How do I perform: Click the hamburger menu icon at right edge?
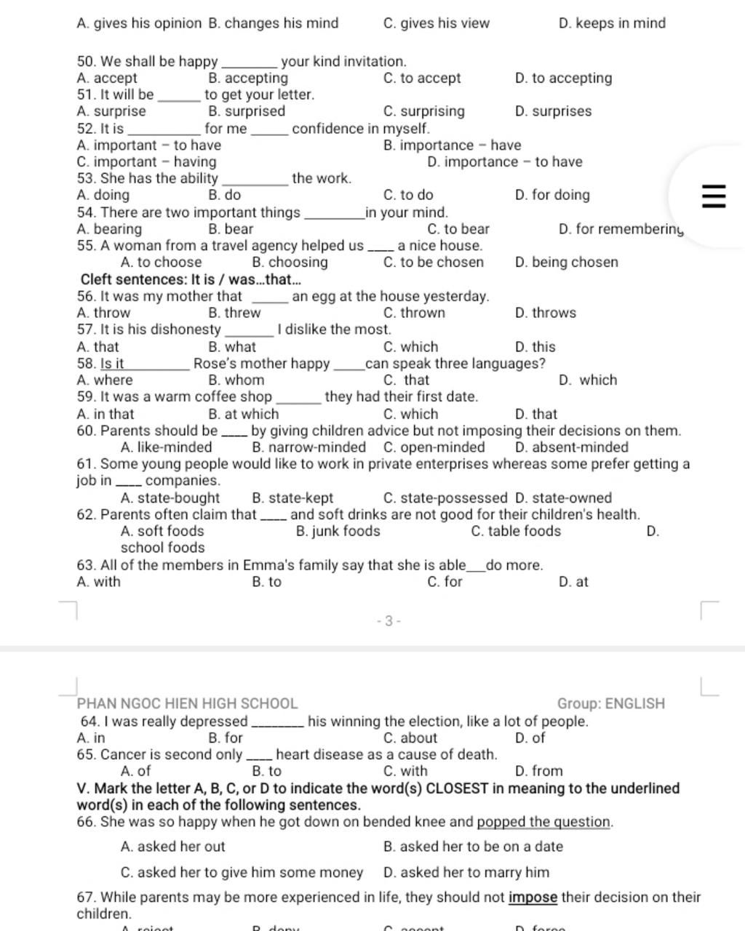pos(713,196)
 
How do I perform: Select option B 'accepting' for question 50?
pos(247,79)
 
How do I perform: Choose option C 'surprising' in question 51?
pos(423,111)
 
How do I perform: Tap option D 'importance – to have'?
pos(505,161)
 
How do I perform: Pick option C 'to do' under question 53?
pos(407,195)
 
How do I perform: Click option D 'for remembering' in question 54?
pos(621,229)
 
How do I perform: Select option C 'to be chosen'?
pos(433,263)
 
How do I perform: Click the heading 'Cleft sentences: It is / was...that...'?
pos(191,279)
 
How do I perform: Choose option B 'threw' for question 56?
pos(234,313)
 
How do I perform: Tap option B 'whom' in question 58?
pos(236,380)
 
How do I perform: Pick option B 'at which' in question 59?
pos(243,414)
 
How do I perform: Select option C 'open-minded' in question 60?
pos(434,447)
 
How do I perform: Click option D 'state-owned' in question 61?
pos(562,498)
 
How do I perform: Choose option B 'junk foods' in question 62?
pos(338,531)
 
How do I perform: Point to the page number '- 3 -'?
pos(389,621)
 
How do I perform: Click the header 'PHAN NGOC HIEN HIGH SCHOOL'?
pos(187,703)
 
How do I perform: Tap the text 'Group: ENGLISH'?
pos(610,703)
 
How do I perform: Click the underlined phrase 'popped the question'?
pos(544,822)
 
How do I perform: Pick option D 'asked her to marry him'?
pos(466,872)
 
